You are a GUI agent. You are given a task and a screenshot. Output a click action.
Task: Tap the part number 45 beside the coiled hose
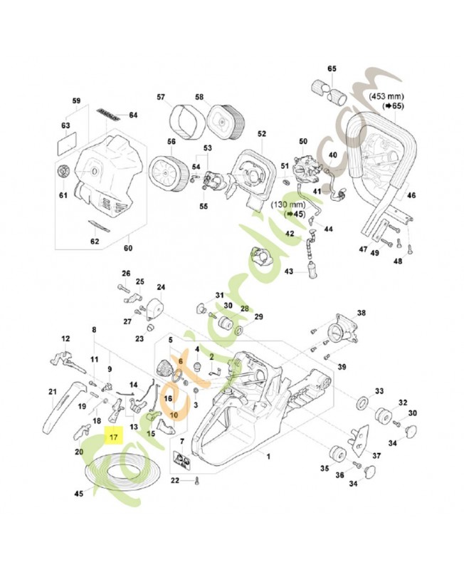[79, 492]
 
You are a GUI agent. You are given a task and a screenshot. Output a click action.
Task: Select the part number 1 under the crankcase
[268, 455]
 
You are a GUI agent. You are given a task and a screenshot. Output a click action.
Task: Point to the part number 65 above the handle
[331, 69]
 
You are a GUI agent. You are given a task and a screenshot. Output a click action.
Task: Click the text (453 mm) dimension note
[389, 94]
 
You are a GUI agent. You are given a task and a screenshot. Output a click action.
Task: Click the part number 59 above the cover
[77, 100]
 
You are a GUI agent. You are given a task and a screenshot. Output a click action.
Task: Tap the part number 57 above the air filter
[161, 97]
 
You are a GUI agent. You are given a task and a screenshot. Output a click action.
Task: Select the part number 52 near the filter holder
[261, 133]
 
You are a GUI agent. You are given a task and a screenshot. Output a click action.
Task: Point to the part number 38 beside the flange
[361, 313]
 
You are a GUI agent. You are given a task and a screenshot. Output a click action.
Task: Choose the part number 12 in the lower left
[65, 339]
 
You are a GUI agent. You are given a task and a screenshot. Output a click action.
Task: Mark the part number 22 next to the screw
[175, 481]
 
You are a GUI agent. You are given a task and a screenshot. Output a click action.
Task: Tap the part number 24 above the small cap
[161, 287]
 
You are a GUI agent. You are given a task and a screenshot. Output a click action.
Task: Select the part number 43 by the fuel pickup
[289, 271]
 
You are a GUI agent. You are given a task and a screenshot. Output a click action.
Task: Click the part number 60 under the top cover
[129, 248]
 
